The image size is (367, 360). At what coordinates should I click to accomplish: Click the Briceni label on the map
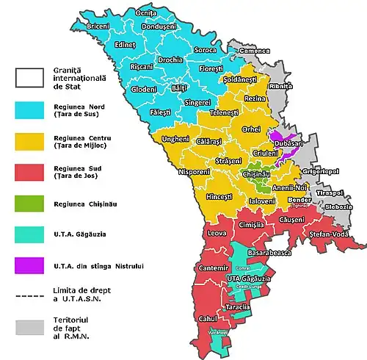coord(98,26)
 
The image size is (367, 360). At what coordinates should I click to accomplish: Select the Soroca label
coord(206,50)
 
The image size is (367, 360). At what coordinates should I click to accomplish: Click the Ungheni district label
coord(165,138)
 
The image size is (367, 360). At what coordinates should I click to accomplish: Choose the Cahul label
coord(206,319)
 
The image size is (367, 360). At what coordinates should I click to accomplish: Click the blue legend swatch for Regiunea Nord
coord(30,109)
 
